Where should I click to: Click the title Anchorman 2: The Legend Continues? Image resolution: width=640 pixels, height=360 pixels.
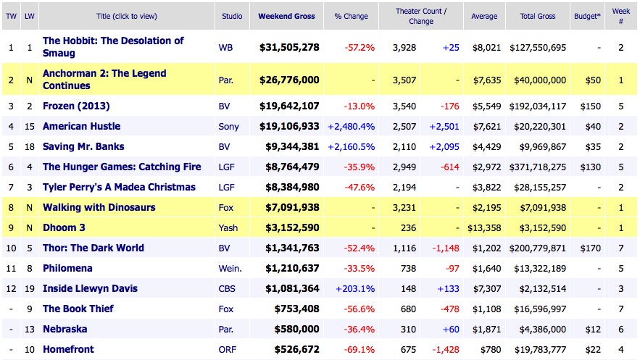pyautogui.click(x=104, y=80)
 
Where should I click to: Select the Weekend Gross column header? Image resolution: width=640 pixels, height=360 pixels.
pyautogui.click(x=287, y=16)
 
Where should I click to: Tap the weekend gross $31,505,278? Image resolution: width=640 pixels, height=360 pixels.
pyautogui.click(x=289, y=48)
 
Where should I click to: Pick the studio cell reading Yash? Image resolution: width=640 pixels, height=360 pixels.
pyautogui.click(x=228, y=227)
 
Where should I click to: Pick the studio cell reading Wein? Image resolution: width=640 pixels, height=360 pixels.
pyautogui.click(x=230, y=268)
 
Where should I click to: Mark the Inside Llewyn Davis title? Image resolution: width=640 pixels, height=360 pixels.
pyautogui.click(x=90, y=288)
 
